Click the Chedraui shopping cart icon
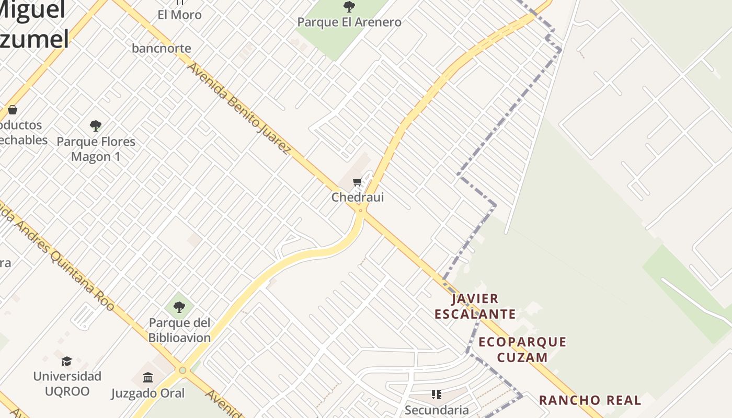pos(358,182)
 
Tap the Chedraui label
pos(358,197)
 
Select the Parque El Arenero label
pos(349,22)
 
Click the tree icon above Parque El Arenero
pos(349,7)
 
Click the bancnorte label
pos(162,48)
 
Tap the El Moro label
pos(179,15)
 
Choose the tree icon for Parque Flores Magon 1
pos(96,125)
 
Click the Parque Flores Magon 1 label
pos(96,149)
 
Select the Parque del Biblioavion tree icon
pos(179,307)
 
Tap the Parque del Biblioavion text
pos(179,330)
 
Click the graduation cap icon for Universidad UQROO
pos(66,361)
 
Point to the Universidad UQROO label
pos(67,384)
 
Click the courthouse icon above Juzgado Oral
pos(148,377)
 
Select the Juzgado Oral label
pos(148,393)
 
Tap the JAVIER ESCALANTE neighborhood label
pos(475,306)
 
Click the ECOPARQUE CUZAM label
pos(522,350)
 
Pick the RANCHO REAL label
pos(590,400)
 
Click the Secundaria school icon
pos(437,394)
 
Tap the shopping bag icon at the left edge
pos(13,110)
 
